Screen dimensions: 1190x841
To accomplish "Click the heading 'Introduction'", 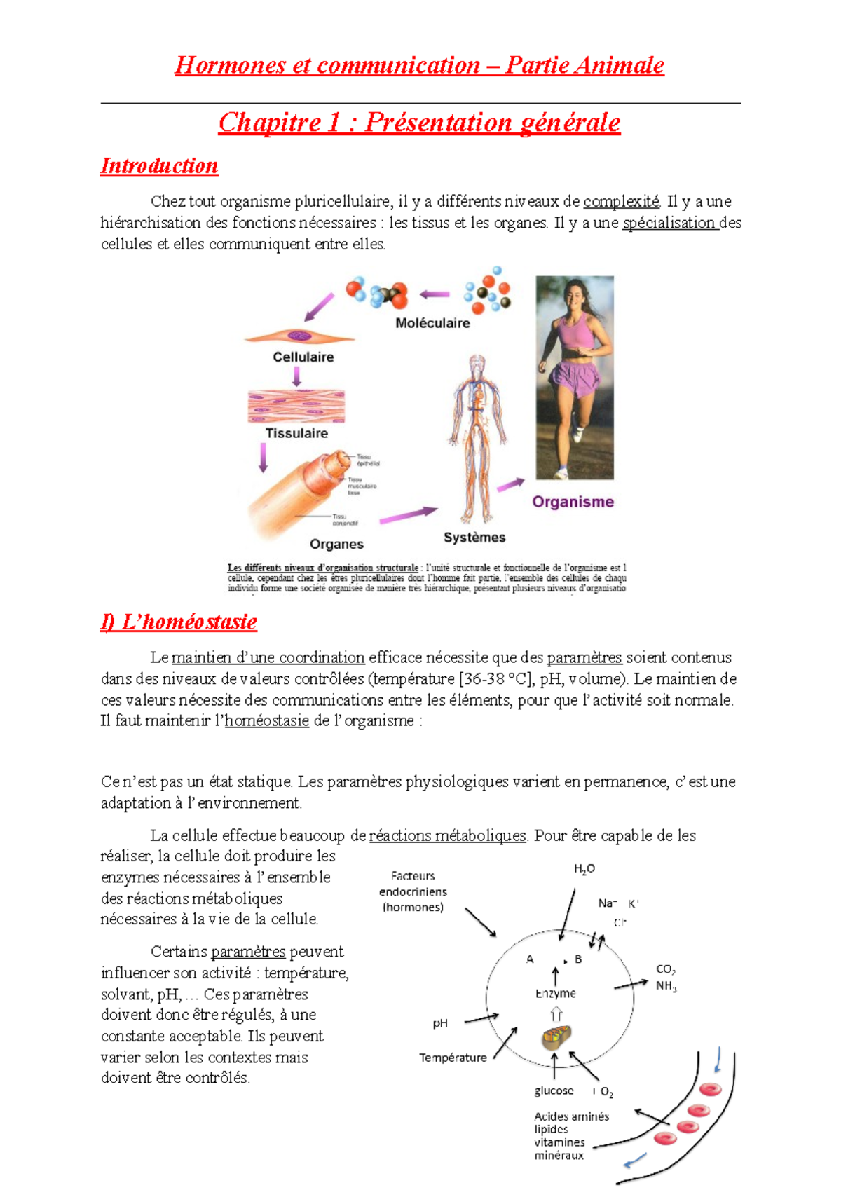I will click(159, 166).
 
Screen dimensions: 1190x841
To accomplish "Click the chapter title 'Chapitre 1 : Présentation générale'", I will click(419, 123).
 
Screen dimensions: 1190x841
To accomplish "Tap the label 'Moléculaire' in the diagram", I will click(432, 323).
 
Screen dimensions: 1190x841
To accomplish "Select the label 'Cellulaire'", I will click(303, 357).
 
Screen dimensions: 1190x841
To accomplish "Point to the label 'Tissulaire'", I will click(296, 433).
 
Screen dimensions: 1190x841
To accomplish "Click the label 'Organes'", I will click(336, 544).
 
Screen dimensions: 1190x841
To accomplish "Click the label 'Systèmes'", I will click(474, 538).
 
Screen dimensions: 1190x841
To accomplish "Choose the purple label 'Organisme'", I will click(573, 502).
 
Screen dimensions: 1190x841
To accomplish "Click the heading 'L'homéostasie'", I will click(179, 622).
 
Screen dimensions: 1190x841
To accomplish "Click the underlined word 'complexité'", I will click(622, 202).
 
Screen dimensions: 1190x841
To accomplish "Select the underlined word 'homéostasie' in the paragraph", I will click(266, 721).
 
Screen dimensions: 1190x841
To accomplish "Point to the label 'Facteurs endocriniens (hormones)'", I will click(413, 891).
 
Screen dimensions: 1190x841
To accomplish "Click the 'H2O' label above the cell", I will click(584, 869).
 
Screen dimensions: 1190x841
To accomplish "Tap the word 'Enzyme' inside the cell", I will click(555, 993).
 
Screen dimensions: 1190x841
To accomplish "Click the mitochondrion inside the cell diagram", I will click(556, 1037).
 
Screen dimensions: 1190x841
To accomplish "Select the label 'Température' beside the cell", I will click(453, 1058).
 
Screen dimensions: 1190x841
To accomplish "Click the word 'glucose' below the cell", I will click(554, 1090).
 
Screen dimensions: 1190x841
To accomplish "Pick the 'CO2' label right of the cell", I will click(665, 969).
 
